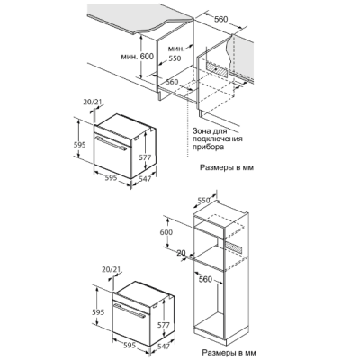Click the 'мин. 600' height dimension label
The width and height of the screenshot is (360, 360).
click(x=138, y=56)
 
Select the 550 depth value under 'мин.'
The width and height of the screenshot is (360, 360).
click(x=175, y=58)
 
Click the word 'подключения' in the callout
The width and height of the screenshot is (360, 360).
click(x=218, y=139)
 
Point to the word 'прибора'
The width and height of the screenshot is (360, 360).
click(x=208, y=147)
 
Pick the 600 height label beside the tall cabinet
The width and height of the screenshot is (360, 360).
click(x=166, y=232)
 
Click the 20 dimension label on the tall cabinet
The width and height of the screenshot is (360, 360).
click(x=181, y=253)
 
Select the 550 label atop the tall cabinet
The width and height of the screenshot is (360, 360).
click(x=204, y=201)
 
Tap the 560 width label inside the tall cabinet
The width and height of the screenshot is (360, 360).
click(x=205, y=279)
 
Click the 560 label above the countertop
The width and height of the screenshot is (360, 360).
click(x=221, y=19)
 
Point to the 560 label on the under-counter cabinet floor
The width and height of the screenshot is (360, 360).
click(x=172, y=82)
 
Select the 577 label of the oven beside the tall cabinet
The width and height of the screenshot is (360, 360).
click(x=164, y=325)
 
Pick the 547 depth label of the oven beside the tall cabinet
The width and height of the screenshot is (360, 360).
click(x=164, y=346)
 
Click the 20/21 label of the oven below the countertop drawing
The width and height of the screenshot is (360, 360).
click(x=93, y=103)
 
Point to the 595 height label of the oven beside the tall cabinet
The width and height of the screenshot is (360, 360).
click(x=97, y=311)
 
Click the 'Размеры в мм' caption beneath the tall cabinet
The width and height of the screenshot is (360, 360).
click(x=229, y=352)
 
